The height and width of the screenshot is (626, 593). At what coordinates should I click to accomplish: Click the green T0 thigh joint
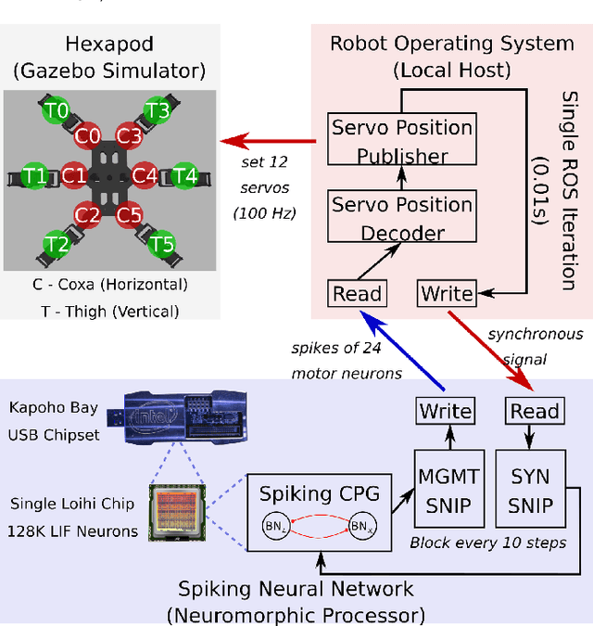tap(57, 111)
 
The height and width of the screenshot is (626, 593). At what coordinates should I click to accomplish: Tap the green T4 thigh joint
tap(185, 174)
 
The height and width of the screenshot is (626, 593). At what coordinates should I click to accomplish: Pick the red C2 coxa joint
tap(88, 215)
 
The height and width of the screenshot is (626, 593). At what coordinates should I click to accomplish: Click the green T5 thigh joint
tap(162, 245)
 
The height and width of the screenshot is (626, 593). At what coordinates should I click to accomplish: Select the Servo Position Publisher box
tap(402, 141)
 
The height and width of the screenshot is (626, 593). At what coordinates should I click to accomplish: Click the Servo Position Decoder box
tap(402, 217)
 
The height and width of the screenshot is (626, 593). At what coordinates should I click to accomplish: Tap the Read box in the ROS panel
tap(357, 294)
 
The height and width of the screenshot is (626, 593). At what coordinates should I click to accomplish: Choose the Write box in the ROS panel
tap(447, 294)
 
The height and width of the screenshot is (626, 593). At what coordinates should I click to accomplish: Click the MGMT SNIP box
tap(447, 492)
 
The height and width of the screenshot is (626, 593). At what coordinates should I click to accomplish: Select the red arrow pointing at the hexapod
tap(256, 142)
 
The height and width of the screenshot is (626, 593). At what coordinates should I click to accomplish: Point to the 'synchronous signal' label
tap(536, 345)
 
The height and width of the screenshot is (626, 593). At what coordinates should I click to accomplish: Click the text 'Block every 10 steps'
tap(487, 543)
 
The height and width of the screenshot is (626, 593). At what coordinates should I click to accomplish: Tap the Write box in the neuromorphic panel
tap(446, 411)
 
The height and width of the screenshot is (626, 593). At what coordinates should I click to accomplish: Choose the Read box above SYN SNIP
tap(535, 411)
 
